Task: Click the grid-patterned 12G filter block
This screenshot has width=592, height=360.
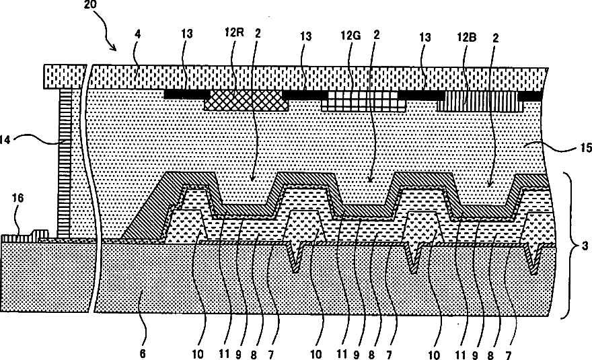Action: coord(359,101)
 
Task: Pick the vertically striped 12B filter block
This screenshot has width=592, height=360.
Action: coord(479,102)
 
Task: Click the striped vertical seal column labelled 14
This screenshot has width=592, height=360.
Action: coord(65,161)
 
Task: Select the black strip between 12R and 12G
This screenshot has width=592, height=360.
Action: coord(305,96)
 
